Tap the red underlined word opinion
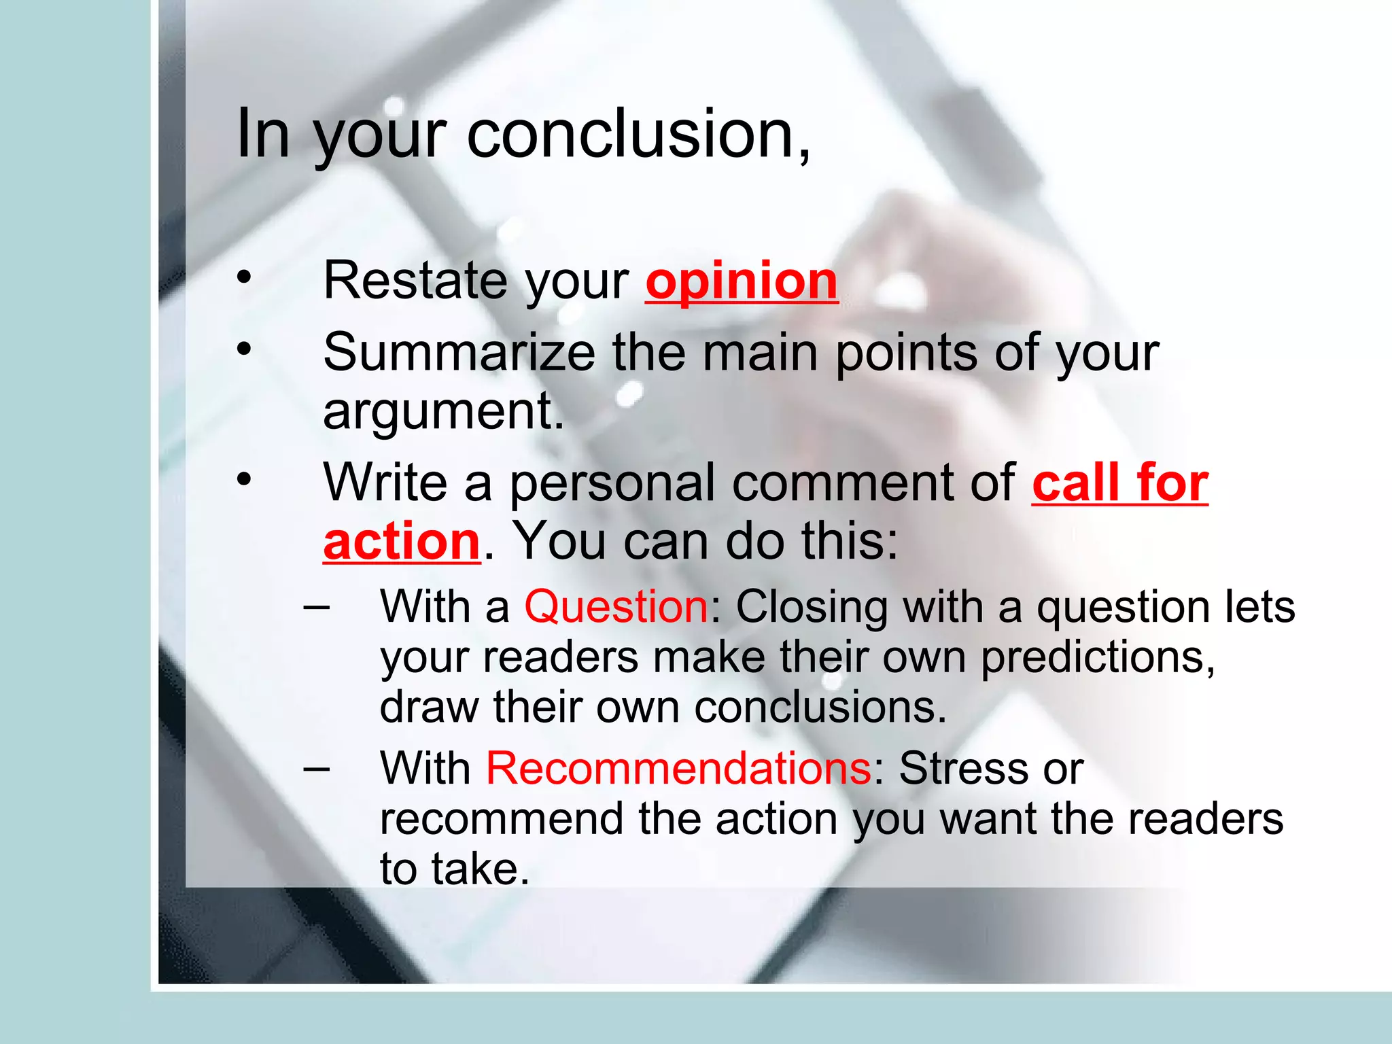(742, 281)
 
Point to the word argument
(443, 411)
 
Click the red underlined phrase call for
(1120, 483)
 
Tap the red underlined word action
(402, 542)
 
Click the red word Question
(616, 606)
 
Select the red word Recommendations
(678, 769)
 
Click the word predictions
(1098, 658)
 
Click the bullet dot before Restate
(244, 277)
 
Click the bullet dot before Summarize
(244, 349)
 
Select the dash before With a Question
(316, 604)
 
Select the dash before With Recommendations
(316, 767)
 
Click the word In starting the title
(263, 134)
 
